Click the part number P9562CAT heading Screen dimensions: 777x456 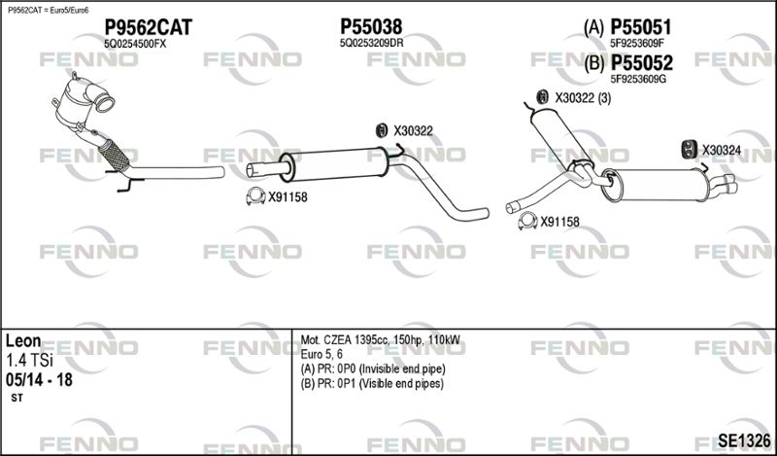point(148,27)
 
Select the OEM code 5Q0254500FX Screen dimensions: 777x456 point(135,44)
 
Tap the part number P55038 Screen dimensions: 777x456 point(371,27)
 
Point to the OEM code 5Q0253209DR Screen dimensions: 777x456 point(371,43)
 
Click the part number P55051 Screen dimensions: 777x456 point(641,27)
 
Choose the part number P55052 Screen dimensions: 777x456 point(641,63)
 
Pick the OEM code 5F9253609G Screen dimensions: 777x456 point(638,79)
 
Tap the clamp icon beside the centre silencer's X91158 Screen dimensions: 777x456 point(255,197)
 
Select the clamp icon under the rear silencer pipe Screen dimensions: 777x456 point(527,222)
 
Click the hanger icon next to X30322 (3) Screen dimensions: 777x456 point(543,97)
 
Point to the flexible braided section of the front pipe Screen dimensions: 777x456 point(114,157)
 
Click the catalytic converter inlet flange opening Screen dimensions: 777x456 point(105,104)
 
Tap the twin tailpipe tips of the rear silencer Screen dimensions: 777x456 point(725,184)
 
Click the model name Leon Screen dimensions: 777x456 point(23,341)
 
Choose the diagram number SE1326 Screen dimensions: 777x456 point(745,440)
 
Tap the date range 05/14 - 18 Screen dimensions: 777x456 point(39,380)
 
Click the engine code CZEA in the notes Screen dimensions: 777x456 point(337,340)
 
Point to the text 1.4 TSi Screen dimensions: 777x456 point(29,361)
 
